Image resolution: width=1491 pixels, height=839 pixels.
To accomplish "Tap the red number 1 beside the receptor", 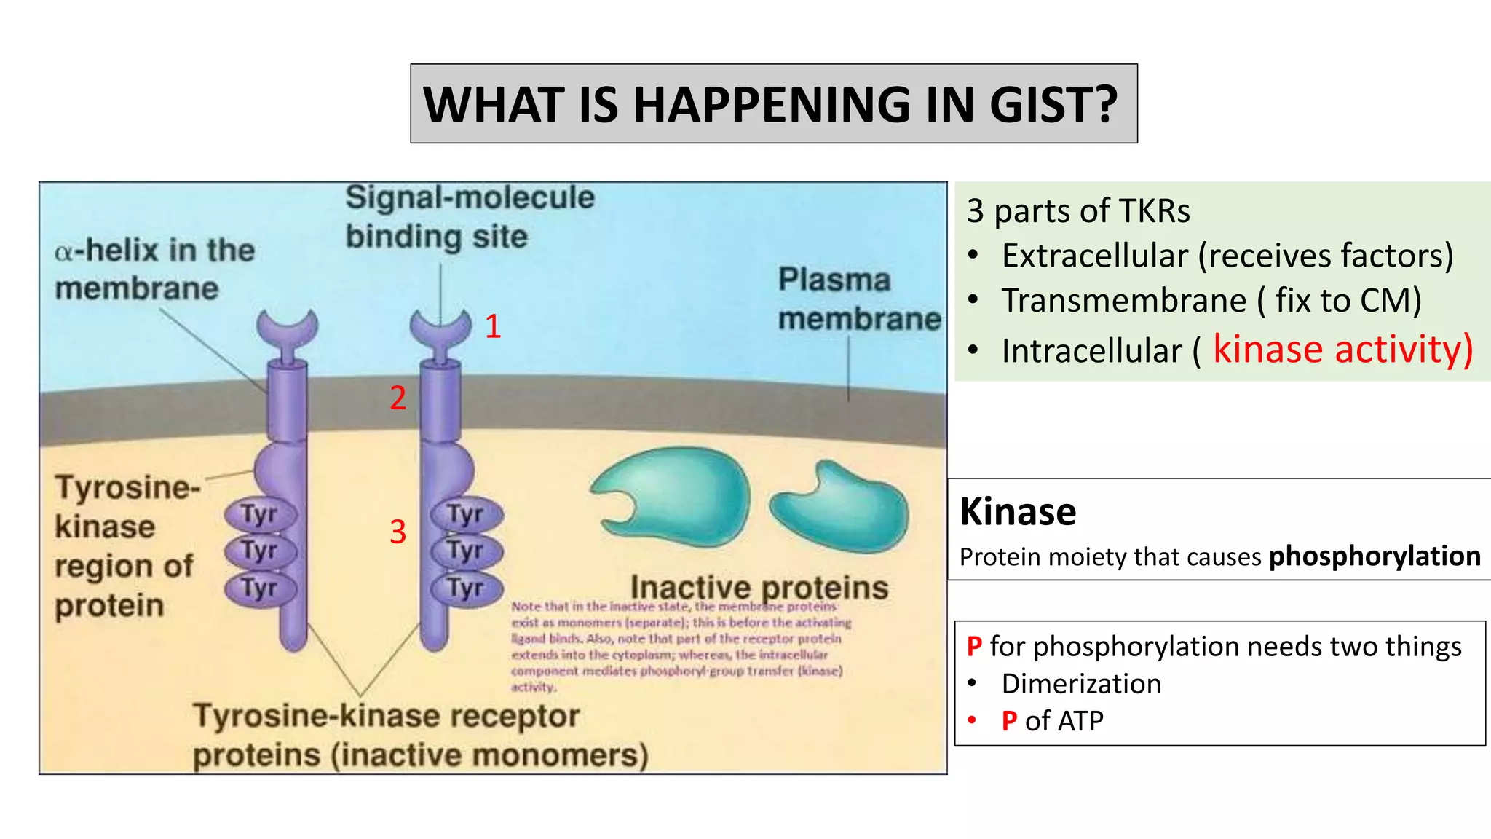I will click(x=493, y=326).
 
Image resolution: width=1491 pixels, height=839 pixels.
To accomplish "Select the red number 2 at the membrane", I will click(x=398, y=398).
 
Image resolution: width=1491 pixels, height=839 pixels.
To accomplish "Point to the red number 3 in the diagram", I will click(x=398, y=532).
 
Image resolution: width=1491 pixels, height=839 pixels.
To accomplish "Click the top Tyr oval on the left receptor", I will click(x=260, y=514).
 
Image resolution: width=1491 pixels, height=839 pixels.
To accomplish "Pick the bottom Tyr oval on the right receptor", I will click(x=466, y=588).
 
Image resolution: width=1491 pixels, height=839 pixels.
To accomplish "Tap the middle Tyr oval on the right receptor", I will click(x=466, y=551).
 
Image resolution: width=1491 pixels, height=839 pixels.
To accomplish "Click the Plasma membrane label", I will click(x=859, y=299).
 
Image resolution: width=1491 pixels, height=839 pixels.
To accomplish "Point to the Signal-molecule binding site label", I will click(x=470, y=217).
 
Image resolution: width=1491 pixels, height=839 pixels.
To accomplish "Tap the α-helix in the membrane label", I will click(x=154, y=269).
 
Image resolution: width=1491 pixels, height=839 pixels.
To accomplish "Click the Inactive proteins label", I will click(x=759, y=587).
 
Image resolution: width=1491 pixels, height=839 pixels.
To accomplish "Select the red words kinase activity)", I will click(x=1342, y=350).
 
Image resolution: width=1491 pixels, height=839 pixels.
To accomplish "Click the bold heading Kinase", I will click(x=1017, y=511).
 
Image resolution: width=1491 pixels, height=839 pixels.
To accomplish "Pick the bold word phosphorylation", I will click(x=1375, y=556).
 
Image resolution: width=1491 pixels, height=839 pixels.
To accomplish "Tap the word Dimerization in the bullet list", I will click(x=1081, y=684).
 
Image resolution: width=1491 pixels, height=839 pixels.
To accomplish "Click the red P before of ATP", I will click(x=1009, y=721).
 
